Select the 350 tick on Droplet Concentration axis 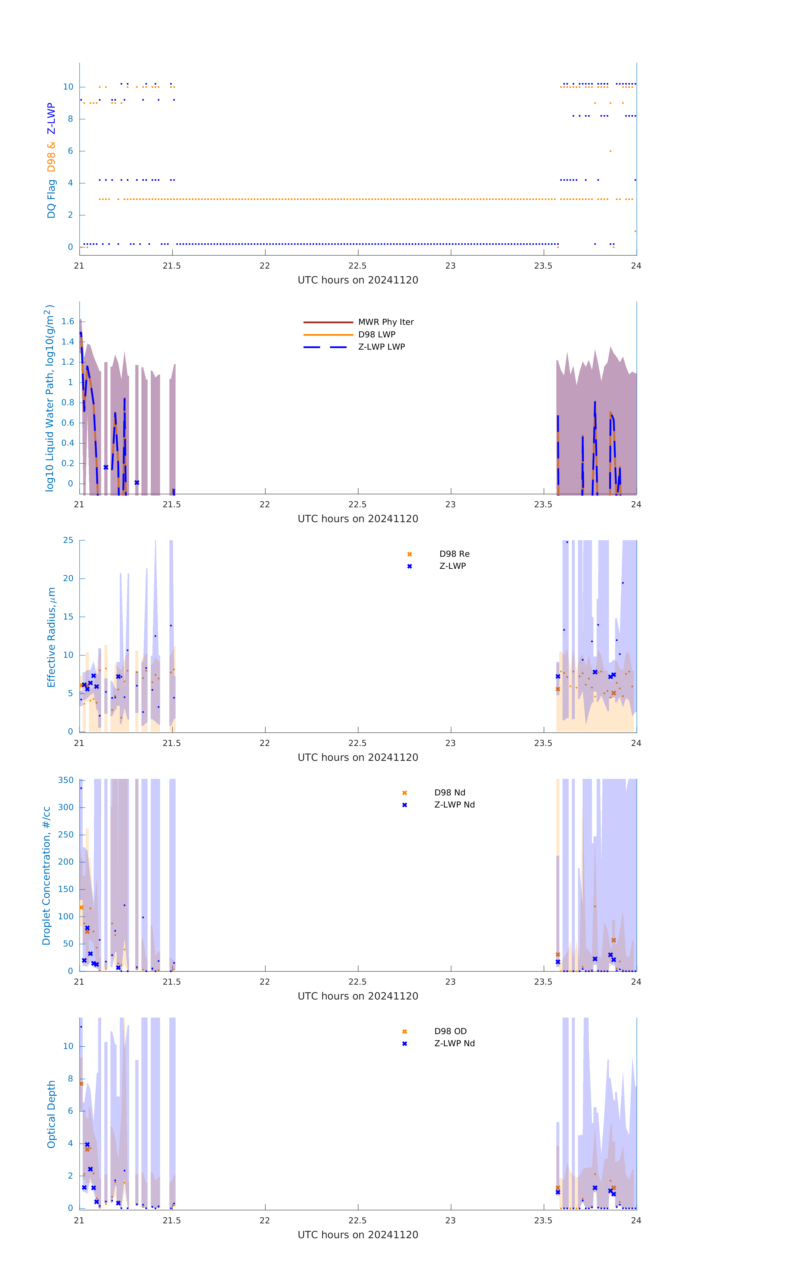click(x=66, y=780)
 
